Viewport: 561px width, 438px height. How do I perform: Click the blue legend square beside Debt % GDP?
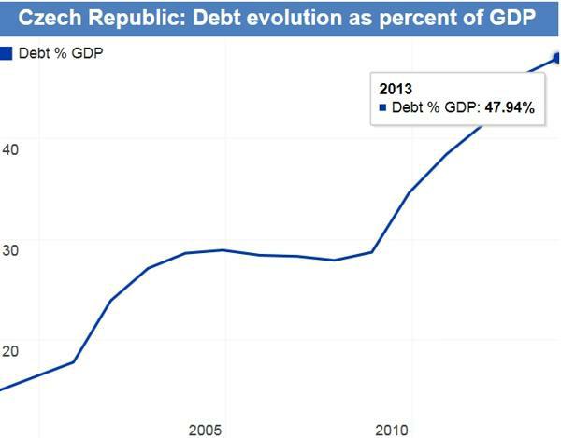pyautogui.click(x=5, y=52)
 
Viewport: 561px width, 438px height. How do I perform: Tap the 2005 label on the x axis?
pyautogui.click(x=206, y=430)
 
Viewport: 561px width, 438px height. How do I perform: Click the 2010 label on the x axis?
pyautogui.click(x=392, y=430)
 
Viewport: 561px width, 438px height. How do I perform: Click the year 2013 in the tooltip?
pyautogui.click(x=396, y=89)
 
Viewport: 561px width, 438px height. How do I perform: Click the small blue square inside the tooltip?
pyautogui.click(x=381, y=108)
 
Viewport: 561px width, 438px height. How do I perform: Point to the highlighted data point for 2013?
pyautogui.click(x=557, y=58)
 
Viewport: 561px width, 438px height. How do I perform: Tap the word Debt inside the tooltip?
pyautogui.click(x=407, y=108)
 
